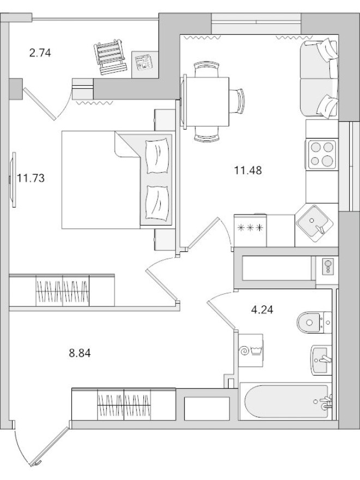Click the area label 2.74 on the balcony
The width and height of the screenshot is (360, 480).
click(40, 53)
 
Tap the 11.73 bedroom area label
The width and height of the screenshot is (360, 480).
click(30, 177)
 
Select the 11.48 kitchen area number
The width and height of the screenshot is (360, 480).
click(248, 170)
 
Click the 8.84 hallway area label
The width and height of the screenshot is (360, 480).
click(80, 353)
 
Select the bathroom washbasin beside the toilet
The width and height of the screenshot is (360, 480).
click(322, 359)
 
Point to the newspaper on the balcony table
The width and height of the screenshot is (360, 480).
click(144, 62)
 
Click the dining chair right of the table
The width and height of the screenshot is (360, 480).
click(239, 100)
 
